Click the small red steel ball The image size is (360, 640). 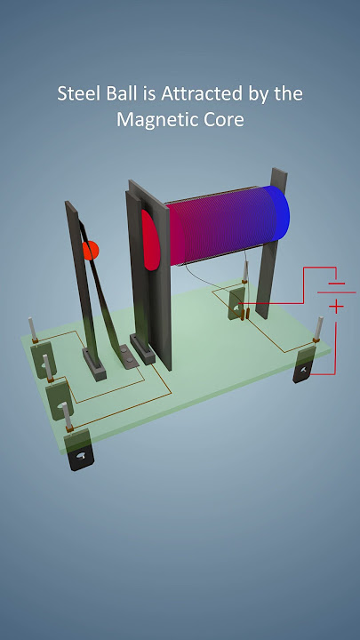click(x=90, y=252)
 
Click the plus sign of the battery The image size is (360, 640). click(x=337, y=307)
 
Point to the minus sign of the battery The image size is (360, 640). click(x=334, y=285)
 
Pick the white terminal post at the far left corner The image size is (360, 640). click(x=32, y=331)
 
